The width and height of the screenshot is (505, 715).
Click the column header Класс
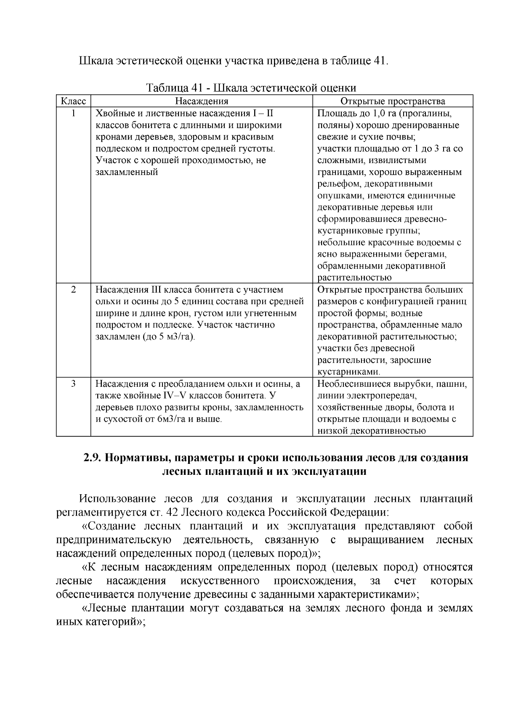coord(74,102)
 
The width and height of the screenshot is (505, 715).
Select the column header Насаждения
coord(202,102)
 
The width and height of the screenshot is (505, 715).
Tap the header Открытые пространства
coord(393,102)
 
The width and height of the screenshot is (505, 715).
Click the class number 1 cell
coord(74,113)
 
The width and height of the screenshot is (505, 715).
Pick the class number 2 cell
coord(74,290)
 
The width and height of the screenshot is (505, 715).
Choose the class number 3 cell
coord(74,384)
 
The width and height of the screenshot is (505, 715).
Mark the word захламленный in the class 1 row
coord(127,172)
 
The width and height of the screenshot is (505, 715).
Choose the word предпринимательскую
coord(113,540)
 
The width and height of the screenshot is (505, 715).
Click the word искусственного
coord(220,581)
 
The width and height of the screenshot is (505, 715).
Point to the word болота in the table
coord(430,407)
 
